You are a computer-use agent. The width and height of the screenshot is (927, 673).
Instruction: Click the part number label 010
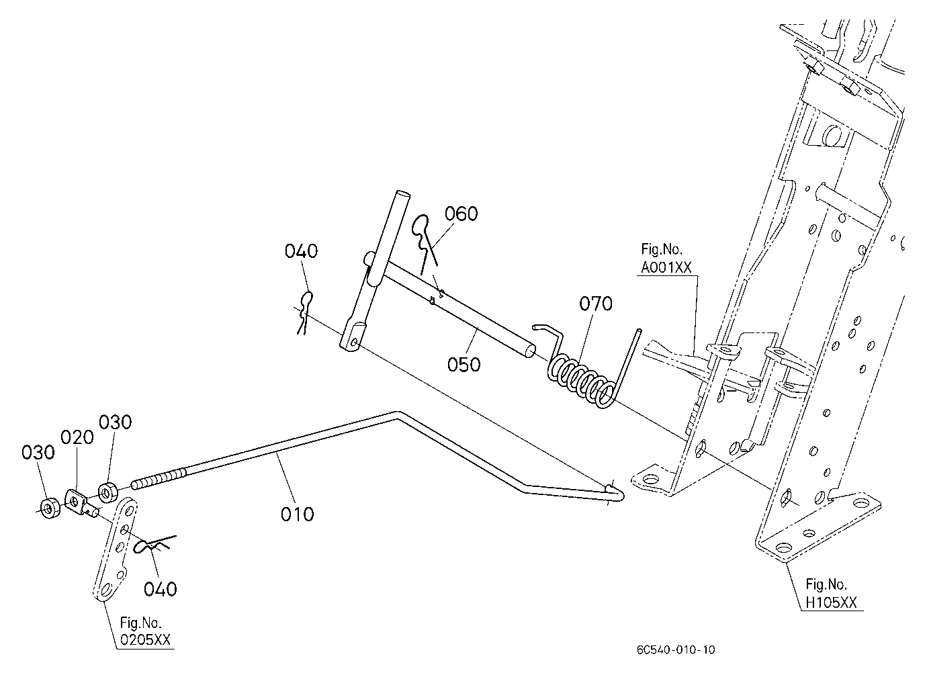[x=297, y=514]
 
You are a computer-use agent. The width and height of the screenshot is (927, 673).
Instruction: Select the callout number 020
[x=77, y=437]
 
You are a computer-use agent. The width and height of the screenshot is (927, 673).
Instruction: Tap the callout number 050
[x=464, y=365]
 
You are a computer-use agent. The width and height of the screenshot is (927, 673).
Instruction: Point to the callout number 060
[x=461, y=214]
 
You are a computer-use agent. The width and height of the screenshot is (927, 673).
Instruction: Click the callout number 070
[x=596, y=304]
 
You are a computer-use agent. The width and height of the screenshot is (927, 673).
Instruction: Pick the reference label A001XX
[x=666, y=268]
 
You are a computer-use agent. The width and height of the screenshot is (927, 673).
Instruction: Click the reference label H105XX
[x=831, y=602]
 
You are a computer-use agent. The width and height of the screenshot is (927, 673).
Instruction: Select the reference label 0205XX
[x=145, y=640]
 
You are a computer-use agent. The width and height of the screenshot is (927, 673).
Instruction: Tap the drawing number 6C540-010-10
[x=676, y=649]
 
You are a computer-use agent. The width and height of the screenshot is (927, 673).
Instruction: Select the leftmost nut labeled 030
[x=50, y=509]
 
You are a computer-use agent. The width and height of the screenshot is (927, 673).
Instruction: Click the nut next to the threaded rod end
[x=107, y=492]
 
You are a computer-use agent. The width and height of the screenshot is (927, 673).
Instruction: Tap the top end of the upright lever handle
[x=402, y=194]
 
